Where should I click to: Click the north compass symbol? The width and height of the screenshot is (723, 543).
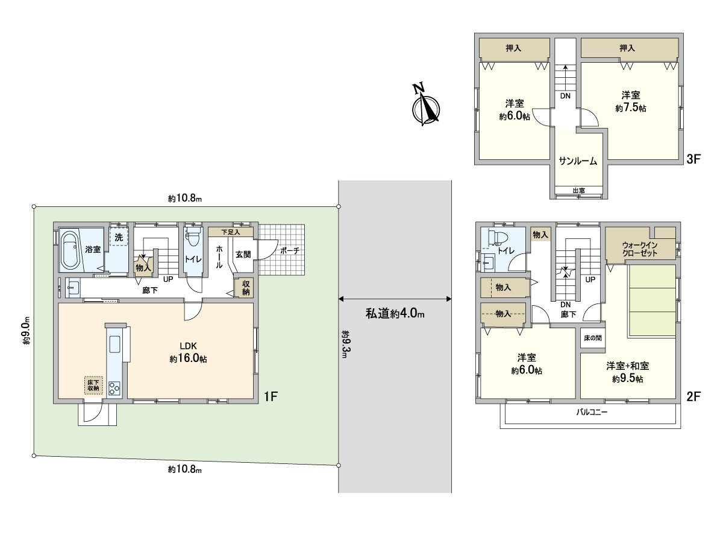(425, 105)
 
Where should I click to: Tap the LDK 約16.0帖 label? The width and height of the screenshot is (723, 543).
(189, 352)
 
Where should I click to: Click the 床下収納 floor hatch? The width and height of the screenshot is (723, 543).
(93, 386)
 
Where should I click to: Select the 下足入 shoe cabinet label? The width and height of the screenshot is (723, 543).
(231, 232)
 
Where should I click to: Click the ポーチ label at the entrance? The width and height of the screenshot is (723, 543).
(290, 250)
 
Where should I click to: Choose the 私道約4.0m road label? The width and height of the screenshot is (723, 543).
(395, 314)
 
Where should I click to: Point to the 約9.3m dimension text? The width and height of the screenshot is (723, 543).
(345, 344)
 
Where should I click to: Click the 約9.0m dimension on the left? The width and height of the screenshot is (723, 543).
(27, 331)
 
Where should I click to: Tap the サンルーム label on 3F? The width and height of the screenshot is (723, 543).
(578, 161)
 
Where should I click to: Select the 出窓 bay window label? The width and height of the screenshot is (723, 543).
(579, 190)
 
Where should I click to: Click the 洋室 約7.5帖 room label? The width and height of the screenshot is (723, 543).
(631, 101)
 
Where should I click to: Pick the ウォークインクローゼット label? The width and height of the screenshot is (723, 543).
(640, 249)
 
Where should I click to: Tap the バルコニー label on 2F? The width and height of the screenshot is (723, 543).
(592, 412)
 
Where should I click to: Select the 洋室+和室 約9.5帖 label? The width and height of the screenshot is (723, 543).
(628, 372)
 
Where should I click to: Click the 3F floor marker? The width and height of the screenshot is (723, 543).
(693, 159)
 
